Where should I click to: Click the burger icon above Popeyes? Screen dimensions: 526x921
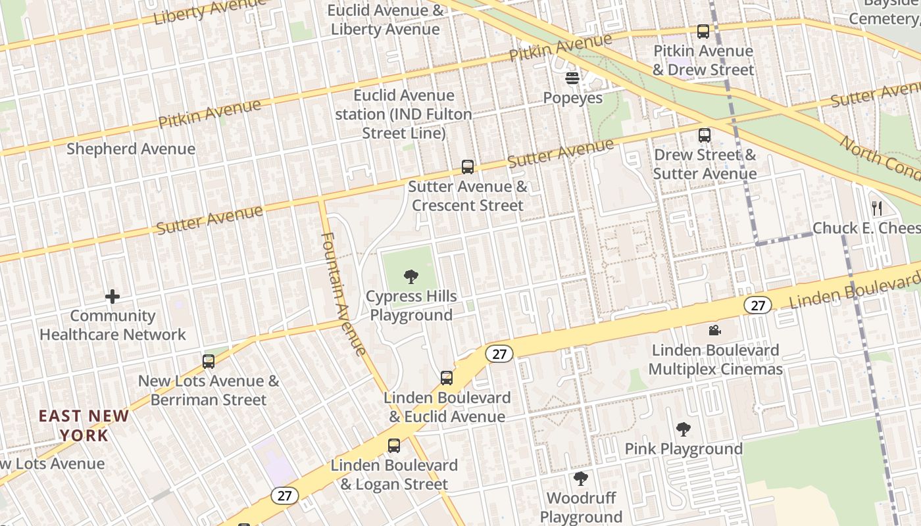click(572, 78)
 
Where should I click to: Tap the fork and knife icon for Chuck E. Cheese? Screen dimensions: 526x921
click(876, 208)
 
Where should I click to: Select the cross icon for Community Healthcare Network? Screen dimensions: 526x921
click(112, 297)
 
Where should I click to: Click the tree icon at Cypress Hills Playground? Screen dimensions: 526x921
click(411, 277)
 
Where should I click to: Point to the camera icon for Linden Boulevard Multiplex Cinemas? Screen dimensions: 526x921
click(715, 330)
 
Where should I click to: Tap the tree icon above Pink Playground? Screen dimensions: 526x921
click(684, 429)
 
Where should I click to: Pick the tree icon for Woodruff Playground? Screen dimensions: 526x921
click(580, 478)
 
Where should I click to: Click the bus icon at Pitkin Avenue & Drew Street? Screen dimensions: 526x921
click(703, 31)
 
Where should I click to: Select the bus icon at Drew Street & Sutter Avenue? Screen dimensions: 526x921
click(705, 135)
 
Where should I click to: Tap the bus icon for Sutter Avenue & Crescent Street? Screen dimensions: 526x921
click(468, 167)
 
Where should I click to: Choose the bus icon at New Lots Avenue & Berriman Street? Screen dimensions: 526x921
click(209, 361)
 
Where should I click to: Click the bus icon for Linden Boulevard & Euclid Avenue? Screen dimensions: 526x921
click(447, 378)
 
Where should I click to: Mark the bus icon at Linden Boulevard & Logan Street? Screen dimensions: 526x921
click(394, 445)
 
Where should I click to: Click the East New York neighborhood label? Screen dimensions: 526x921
click(84, 425)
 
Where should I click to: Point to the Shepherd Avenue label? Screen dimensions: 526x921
click(131, 149)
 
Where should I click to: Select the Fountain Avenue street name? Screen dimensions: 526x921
click(343, 294)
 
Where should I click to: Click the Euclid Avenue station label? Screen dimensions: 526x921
click(404, 114)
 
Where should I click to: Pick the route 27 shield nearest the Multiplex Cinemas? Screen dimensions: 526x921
click(758, 305)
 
